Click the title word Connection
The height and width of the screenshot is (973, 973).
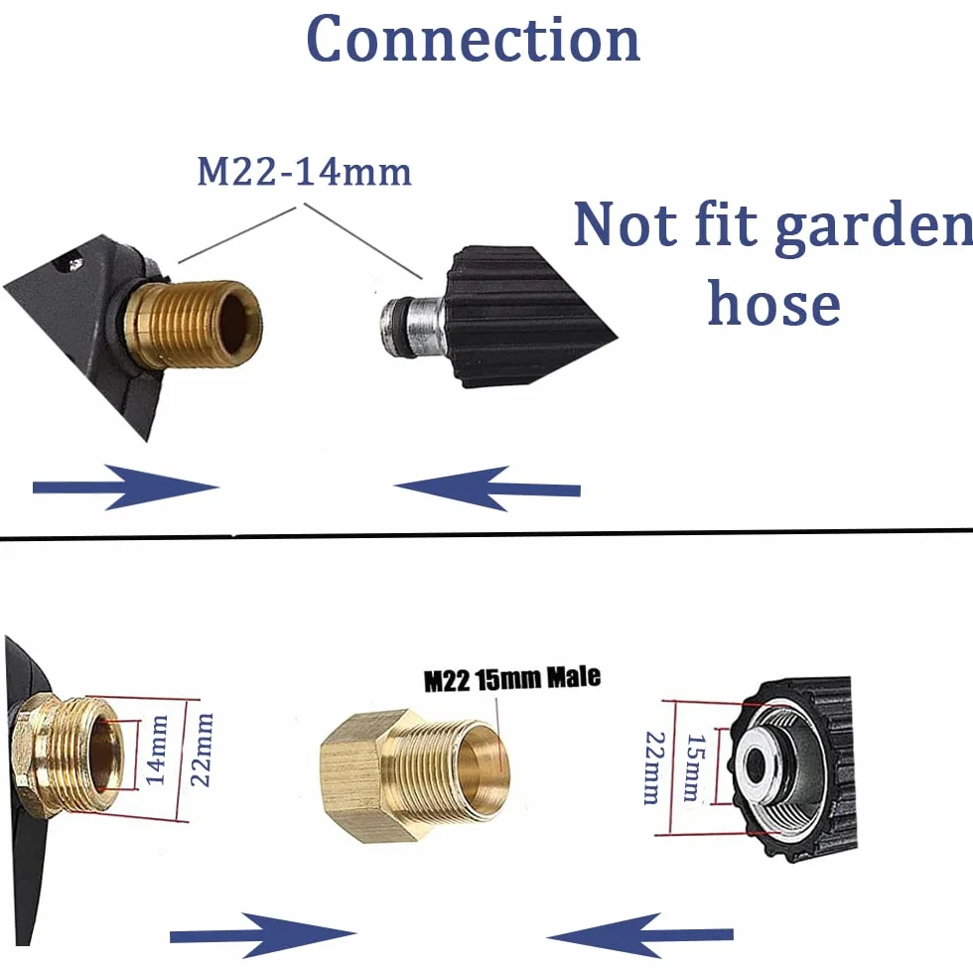(473, 39)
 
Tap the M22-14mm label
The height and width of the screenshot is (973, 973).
(304, 171)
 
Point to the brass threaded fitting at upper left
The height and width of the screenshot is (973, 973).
(193, 324)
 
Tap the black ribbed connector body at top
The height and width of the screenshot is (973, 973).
(527, 317)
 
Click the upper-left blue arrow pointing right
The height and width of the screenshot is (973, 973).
(126, 487)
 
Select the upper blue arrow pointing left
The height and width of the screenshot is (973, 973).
(487, 488)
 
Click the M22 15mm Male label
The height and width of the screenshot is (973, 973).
(512, 678)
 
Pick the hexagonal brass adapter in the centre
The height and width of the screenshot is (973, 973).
(415, 775)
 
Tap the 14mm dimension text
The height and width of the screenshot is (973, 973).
(157, 750)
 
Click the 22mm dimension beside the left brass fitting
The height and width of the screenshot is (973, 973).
(201, 750)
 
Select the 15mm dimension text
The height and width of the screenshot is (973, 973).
(695, 767)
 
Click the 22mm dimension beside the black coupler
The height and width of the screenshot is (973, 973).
(654, 768)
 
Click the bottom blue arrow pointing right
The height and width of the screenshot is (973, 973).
(263, 934)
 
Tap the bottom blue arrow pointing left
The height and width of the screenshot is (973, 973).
(639, 935)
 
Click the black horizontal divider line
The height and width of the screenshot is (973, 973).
(486, 534)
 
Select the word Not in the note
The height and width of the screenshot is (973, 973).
(625, 223)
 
